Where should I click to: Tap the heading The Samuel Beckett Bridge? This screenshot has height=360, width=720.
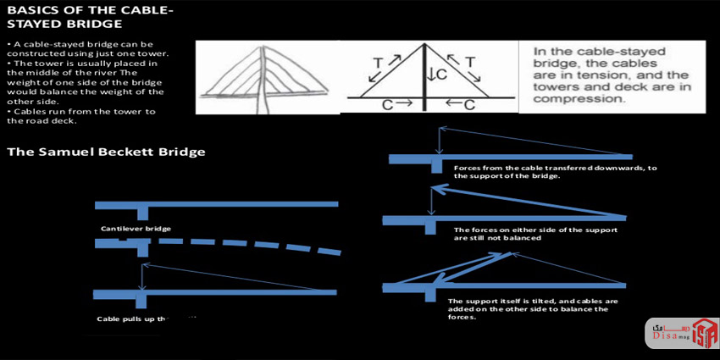coord(105,152)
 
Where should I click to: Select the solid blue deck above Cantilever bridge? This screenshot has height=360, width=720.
coord(216,204)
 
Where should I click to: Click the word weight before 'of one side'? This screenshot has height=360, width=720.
coord(22,82)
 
